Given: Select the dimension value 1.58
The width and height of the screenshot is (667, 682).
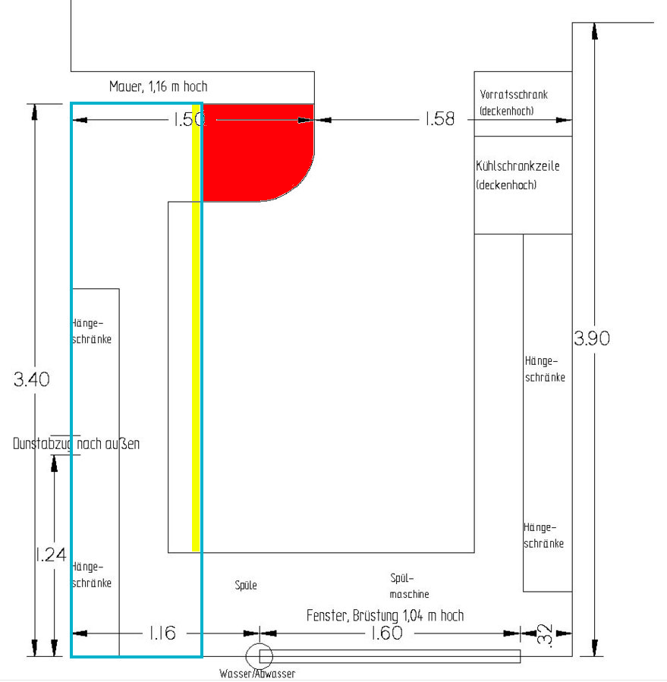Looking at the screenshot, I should coord(439,119).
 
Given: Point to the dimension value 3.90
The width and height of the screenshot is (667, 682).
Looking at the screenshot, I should coord(592,338).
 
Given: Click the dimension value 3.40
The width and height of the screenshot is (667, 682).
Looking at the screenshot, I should coord(32,379).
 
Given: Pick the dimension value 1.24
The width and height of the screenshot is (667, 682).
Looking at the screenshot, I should coord(50,555).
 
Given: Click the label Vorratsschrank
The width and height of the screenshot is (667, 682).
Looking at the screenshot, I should coord(514,95).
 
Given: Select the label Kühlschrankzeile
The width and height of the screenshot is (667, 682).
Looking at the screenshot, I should coord(518,165).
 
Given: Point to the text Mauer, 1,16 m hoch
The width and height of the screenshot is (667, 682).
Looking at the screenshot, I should coord(158,87).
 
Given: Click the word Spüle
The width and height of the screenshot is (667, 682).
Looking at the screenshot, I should coord(246,586).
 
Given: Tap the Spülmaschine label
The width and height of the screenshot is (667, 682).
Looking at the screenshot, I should coord(409,586).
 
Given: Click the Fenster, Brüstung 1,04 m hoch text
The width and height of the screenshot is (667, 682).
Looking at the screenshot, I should coord(385,615).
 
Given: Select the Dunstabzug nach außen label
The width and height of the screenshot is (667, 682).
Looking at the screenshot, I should coord(76,444).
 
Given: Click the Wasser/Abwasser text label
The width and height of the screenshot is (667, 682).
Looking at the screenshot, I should coord(256,674).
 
